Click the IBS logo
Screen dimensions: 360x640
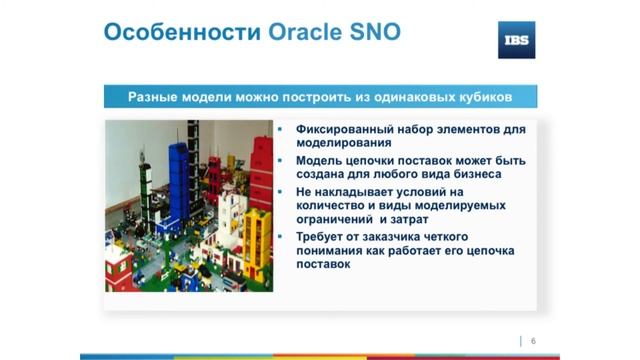(516, 40)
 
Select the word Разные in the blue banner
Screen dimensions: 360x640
(155, 97)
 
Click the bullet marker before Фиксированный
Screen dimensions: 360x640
(282, 130)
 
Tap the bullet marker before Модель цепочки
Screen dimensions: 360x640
(282, 160)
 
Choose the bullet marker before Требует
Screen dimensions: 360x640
(282, 235)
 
